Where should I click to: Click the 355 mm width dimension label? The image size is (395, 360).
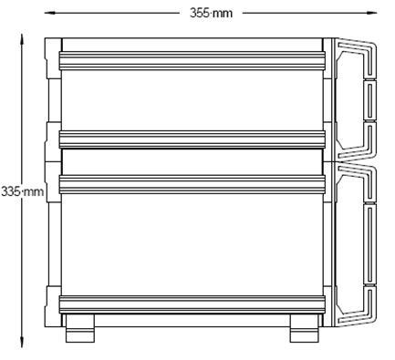tap(211, 13)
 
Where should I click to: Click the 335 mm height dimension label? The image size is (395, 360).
tap(22, 191)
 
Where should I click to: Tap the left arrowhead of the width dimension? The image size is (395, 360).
tap(50, 13)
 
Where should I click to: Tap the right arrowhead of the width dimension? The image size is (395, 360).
tap(371, 13)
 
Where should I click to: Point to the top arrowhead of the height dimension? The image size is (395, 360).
tap(22, 40)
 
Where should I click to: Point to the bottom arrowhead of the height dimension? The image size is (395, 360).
tap(22, 342)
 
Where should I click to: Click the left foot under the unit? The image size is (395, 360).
tap(80, 328)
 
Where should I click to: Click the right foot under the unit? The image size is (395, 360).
tap(305, 328)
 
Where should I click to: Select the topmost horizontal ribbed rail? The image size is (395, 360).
tap(192, 61)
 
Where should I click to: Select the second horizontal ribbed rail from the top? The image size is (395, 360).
tap(192, 139)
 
